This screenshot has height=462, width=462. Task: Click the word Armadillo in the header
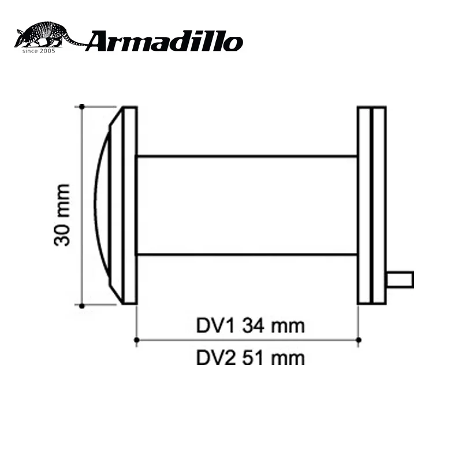[165, 42]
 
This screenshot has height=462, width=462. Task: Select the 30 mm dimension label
[62, 214]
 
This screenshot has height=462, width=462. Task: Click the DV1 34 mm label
[249, 326]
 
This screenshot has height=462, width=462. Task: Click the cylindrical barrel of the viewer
[247, 205]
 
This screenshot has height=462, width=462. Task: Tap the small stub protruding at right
[400, 280]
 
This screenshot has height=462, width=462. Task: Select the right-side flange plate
[371, 205]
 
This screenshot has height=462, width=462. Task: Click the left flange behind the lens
[130, 205]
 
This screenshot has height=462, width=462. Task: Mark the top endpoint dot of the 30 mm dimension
[82, 106]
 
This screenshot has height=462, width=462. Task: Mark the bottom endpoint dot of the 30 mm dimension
[82, 305]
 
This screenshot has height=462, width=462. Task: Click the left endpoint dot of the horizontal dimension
[136, 340]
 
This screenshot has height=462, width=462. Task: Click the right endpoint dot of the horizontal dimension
[359, 340]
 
